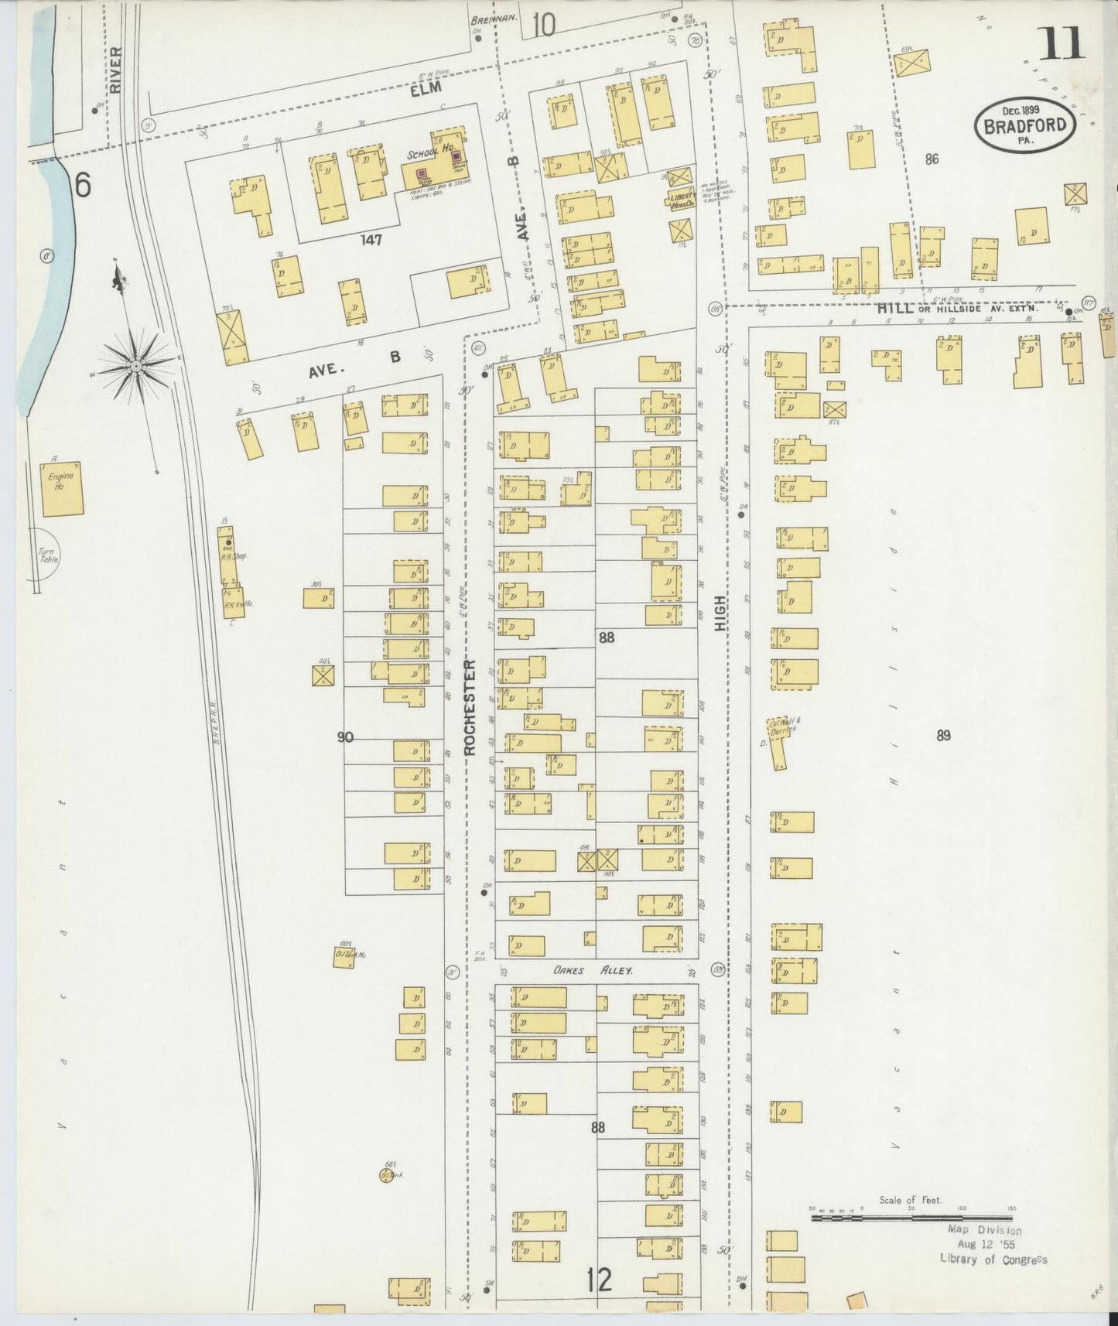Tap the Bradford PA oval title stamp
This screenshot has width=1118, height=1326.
(1026, 127)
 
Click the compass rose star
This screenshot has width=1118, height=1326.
(137, 364)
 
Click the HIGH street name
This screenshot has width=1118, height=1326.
(721, 613)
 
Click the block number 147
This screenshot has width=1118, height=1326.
(371, 240)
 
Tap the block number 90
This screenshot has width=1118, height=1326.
(345, 737)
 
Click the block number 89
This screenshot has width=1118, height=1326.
(942, 736)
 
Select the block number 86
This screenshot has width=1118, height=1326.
(932, 159)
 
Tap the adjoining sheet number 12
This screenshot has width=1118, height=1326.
(598, 1280)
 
